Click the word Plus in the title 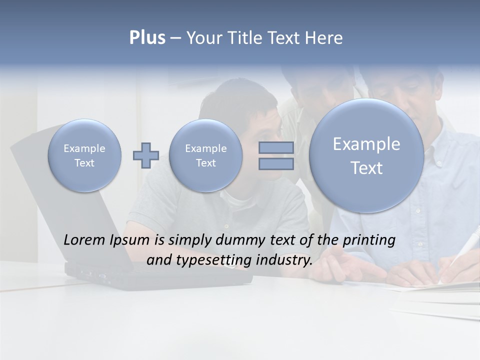click(x=147, y=38)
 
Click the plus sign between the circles click(x=145, y=155)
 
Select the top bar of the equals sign click(x=276, y=148)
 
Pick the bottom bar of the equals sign click(x=276, y=164)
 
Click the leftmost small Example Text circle click(x=84, y=155)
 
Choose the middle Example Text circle click(x=205, y=155)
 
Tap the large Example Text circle click(x=366, y=155)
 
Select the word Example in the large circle click(x=366, y=144)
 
